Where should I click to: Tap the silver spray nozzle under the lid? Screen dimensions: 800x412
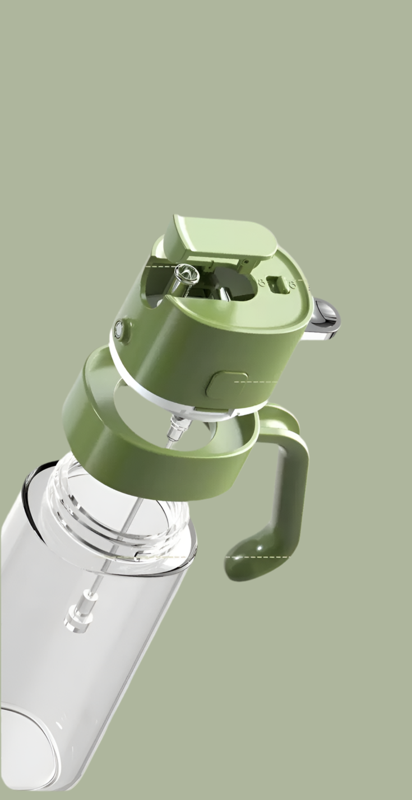[186, 275]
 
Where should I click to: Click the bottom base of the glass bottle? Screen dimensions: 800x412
[28, 746]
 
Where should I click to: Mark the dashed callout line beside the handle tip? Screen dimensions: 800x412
[258, 557]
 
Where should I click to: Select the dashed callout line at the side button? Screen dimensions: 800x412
[256, 382]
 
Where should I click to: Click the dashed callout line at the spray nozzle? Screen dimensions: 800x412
[160, 267]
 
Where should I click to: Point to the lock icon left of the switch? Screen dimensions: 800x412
[261, 282]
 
